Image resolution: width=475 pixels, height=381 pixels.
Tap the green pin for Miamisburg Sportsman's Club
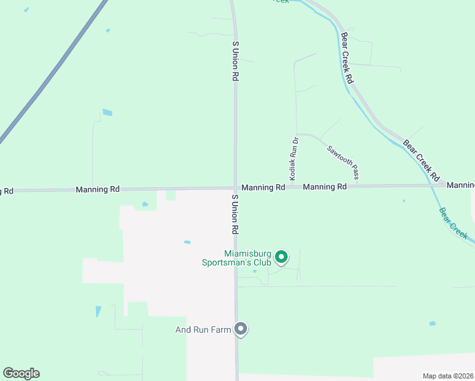point(281,257)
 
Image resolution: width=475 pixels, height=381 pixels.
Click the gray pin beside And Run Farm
point(241,328)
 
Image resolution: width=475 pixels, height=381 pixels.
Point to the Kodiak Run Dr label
point(293,159)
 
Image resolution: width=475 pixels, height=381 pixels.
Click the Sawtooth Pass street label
point(343,162)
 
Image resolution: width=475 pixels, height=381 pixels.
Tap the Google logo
point(22,373)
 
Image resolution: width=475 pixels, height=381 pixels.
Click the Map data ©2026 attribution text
point(448,375)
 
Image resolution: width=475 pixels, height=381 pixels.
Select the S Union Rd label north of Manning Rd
point(236,61)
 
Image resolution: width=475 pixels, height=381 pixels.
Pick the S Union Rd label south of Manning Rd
point(234,213)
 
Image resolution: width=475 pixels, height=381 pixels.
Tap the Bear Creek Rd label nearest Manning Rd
point(422,159)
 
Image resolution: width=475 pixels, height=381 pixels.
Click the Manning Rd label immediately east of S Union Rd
point(263,188)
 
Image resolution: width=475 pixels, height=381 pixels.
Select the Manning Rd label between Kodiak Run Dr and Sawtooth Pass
point(324,187)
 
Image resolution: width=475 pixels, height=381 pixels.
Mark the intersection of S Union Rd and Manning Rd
point(236,188)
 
